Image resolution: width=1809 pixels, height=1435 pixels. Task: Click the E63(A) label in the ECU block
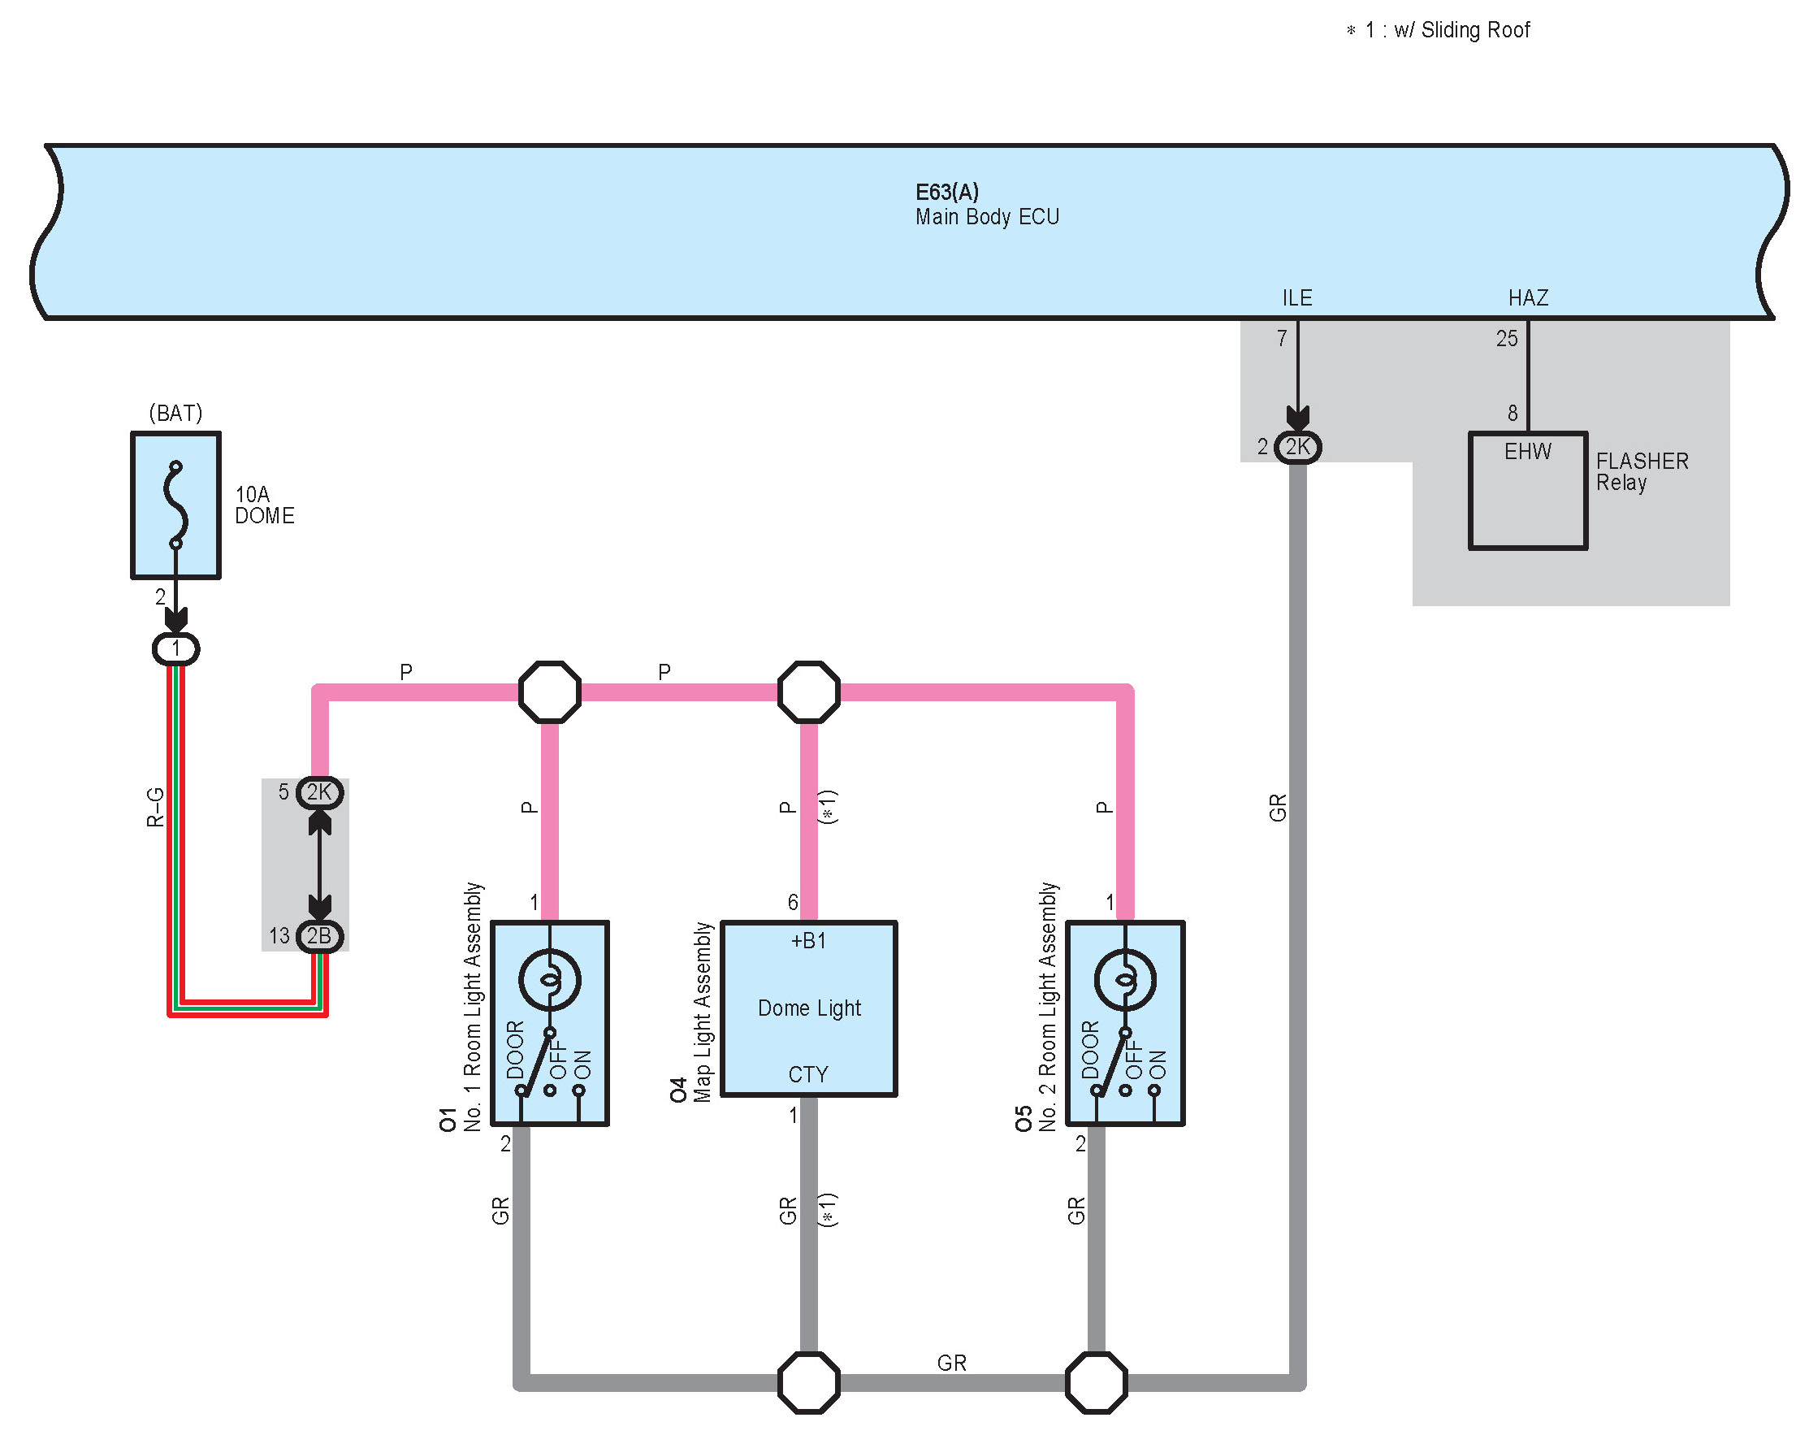coord(947,192)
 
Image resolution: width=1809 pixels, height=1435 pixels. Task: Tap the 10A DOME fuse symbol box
coord(175,505)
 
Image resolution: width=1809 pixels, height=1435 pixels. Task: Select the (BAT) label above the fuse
coord(175,413)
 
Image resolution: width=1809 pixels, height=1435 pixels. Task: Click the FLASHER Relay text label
coord(1642,471)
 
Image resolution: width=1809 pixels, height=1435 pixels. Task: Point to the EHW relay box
coord(1528,491)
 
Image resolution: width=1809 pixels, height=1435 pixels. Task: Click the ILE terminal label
coord(1297,298)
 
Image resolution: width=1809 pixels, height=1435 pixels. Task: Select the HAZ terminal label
coord(1528,298)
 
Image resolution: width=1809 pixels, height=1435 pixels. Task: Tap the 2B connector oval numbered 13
coord(320,936)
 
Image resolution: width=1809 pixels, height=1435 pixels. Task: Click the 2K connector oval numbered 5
coord(320,792)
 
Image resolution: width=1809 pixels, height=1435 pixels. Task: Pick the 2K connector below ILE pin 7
coord(1297,447)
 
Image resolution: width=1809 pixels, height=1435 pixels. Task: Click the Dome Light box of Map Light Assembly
coord(810,1008)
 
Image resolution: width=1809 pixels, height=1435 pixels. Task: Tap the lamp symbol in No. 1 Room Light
coord(550,979)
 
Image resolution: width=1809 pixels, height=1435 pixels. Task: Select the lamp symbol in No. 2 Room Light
coord(1125,979)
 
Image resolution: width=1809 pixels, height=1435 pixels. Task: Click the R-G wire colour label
coord(155,808)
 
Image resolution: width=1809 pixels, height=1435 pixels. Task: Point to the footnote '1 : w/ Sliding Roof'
coord(1438,30)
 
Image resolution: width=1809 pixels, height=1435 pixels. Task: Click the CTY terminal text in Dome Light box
coord(808,1075)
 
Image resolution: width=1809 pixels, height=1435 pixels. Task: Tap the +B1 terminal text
coord(809,941)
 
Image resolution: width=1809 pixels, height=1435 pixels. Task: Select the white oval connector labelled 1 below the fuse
coord(175,648)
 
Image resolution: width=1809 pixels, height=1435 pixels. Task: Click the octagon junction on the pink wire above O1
coord(550,692)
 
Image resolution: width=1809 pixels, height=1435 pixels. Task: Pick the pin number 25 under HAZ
coord(1507,339)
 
